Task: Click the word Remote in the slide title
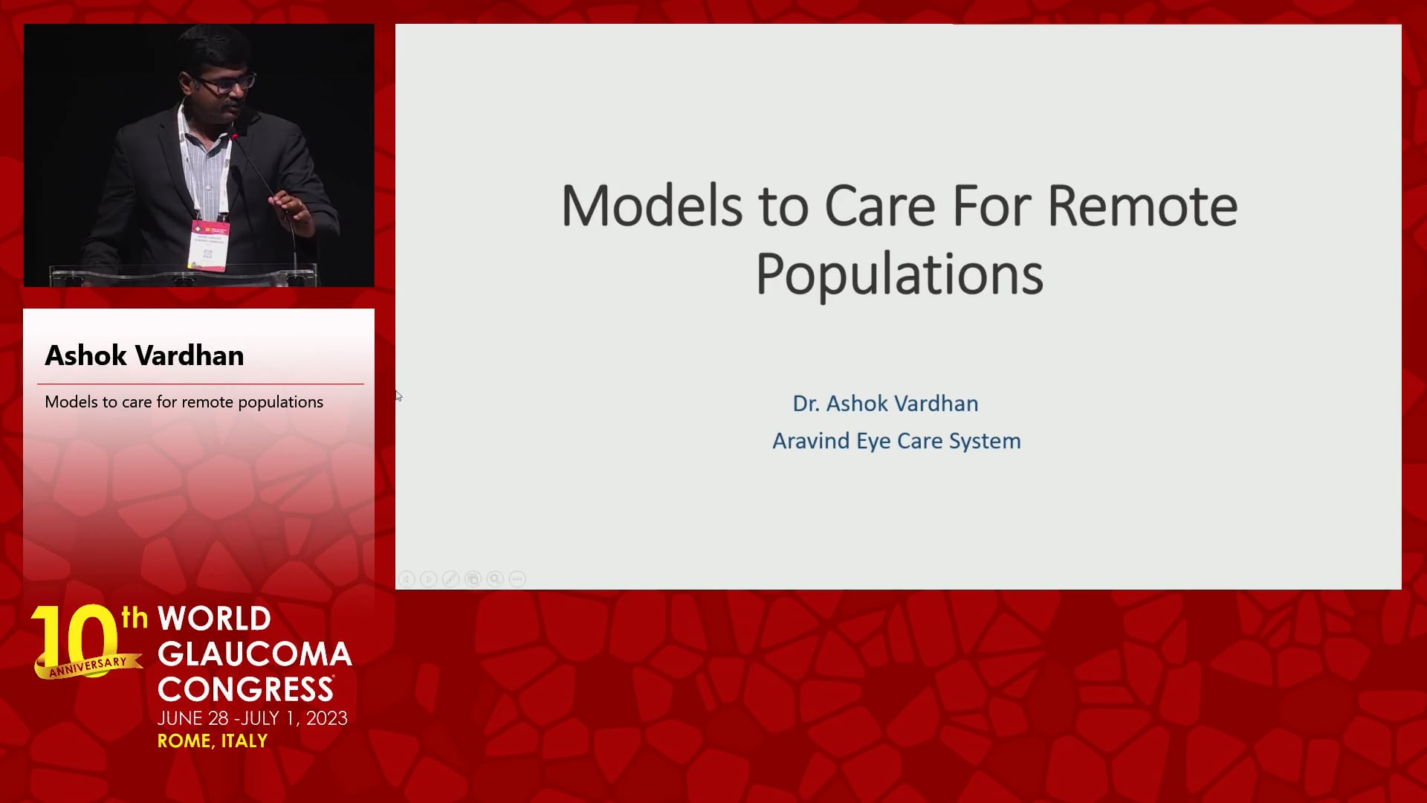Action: [x=1142, y=206]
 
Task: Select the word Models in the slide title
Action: [x=652, y=206]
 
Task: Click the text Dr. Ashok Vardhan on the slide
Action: [x=885, y=403]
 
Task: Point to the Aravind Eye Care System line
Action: [x=896, y=441]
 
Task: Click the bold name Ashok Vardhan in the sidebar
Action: [x=144, y=355]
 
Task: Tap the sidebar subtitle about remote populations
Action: [x=184, y=402]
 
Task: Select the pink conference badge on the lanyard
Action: [x=209, y=245]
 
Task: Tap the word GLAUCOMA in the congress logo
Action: [x=255, y=654]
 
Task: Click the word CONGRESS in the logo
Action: [x=246, y=689]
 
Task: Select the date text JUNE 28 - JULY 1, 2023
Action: [x=253, y=718]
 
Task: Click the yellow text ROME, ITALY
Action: [x=213, y=741]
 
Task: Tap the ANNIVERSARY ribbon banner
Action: [x=88, y=665]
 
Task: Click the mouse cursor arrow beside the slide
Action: [x=398, y=396]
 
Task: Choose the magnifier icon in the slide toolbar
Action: [x=495, y=578]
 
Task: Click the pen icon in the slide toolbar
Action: [x=450, y=578]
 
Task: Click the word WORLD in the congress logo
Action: [x=214, y=619]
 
